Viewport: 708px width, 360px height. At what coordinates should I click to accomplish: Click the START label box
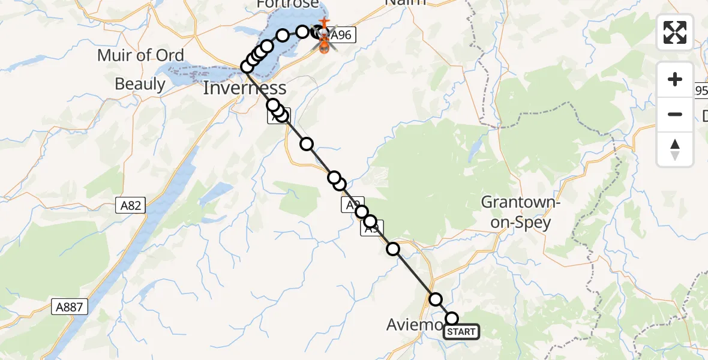point(461,332)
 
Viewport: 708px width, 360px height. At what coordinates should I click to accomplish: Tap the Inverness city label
point(244,88)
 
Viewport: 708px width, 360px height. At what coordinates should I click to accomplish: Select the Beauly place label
point(140,84)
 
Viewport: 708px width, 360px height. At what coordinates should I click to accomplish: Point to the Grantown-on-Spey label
point(520,212)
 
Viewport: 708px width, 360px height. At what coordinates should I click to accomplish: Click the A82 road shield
point(130,206)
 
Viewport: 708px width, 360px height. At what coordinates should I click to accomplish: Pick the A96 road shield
point(341,35)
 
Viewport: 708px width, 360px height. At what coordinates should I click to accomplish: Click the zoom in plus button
point(675,79)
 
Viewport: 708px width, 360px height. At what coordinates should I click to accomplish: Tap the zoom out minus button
point(675,114)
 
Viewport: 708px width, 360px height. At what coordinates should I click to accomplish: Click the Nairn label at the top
point(405,2)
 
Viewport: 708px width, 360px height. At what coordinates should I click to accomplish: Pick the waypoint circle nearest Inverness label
point(247,67)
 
